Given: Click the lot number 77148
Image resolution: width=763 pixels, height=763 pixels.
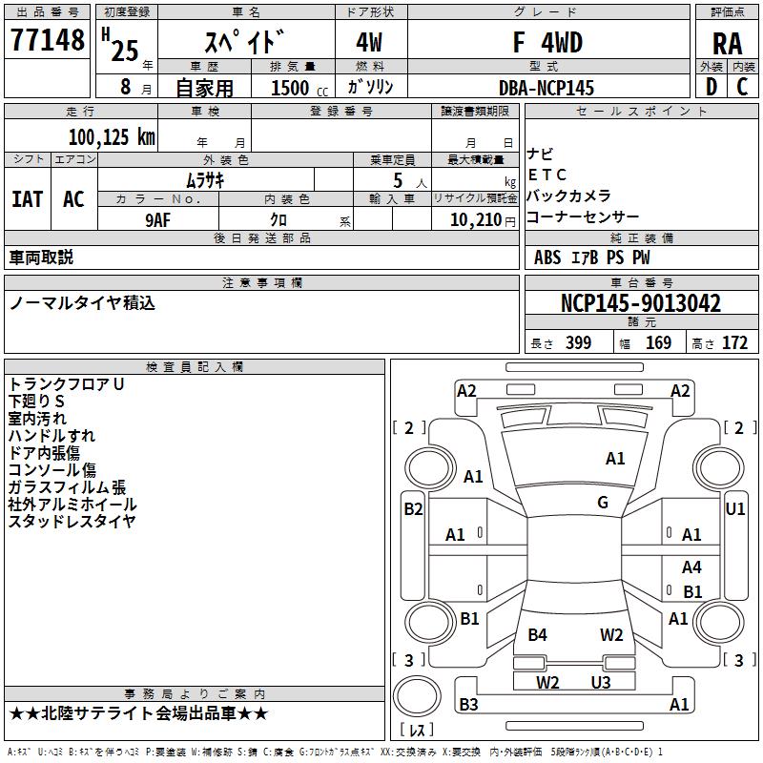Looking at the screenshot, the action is tap(47, 39).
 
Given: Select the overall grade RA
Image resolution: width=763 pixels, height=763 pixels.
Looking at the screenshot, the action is tap(727, 44).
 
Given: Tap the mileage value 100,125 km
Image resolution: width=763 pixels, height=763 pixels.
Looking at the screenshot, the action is tap(112, 137).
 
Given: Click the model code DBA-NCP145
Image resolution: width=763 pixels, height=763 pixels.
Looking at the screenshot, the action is tap(546, 88).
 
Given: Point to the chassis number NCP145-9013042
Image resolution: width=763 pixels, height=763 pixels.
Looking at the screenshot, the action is tap(641, 303).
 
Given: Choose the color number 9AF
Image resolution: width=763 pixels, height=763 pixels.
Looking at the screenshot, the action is tap(158, 220).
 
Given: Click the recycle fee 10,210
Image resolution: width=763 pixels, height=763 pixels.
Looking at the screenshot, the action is tap(476, 220).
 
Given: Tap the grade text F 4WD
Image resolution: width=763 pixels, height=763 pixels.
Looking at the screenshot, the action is tap(547, 42).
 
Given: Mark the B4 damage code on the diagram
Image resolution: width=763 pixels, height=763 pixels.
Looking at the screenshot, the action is tap(537, 635).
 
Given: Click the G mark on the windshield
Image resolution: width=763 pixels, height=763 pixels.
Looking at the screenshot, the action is tap(603, 503).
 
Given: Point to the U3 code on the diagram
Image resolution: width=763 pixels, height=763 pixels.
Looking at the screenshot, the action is tap(601, 682).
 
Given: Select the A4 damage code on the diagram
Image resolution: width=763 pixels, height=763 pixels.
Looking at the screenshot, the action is tap(691, 567).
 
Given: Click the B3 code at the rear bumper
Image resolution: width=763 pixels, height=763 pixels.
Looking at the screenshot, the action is tap(468, 704).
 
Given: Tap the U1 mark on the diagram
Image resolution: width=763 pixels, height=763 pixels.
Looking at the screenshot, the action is tap(734, 509).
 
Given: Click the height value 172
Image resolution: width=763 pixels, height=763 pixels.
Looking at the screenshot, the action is tap(734, 342).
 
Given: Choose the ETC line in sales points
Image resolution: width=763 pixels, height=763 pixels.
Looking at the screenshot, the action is tap(546, 175).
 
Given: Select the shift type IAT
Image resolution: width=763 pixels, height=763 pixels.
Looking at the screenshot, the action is tap(28, 199).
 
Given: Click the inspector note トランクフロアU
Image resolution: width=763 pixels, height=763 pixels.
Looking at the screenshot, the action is tap(66, 384).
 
